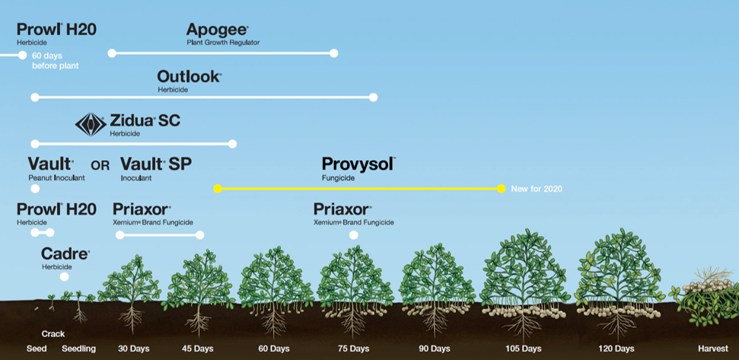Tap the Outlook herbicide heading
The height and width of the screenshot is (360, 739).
(x=189, y=77)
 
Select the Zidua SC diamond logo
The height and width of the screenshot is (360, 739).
(x=91, y=124)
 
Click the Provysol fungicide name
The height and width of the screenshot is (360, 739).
(x=358, y=164)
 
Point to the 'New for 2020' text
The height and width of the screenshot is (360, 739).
(x=537, y=189)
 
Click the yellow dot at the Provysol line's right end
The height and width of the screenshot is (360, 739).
(x=501, y=188)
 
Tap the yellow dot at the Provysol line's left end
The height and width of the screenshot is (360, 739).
(x=218, y=188)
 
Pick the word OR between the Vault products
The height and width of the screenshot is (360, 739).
(x=100, y=165)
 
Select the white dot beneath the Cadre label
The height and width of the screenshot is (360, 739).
(x=65, y=277)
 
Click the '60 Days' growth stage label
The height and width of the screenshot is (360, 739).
(x=274, y=349)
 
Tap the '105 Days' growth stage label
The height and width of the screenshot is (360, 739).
(x=523, y=349)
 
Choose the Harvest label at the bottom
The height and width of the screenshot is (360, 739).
(x=713, y=349)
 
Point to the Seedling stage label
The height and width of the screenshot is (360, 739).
(x=78, y=349)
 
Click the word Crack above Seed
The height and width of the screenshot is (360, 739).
(x=53, y=334)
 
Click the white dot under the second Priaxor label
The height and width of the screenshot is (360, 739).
(x=353, y=235)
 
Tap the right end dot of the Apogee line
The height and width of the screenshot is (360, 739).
(x=333, y=53)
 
